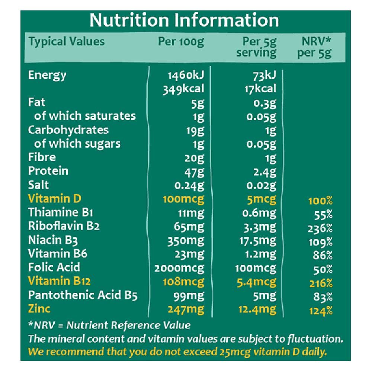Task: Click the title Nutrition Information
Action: click(184, 20)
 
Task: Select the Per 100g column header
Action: click(181, 42)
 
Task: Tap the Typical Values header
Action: click(67, 41)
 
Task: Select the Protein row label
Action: click(48, 171)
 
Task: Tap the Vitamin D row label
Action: click(54, 199)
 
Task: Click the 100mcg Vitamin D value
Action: click(184, 199)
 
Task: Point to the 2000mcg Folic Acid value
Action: click(180, 268)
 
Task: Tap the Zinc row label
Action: click(39, 308)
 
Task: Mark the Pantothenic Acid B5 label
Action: click(83, 295)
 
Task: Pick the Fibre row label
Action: click(42, 157)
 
